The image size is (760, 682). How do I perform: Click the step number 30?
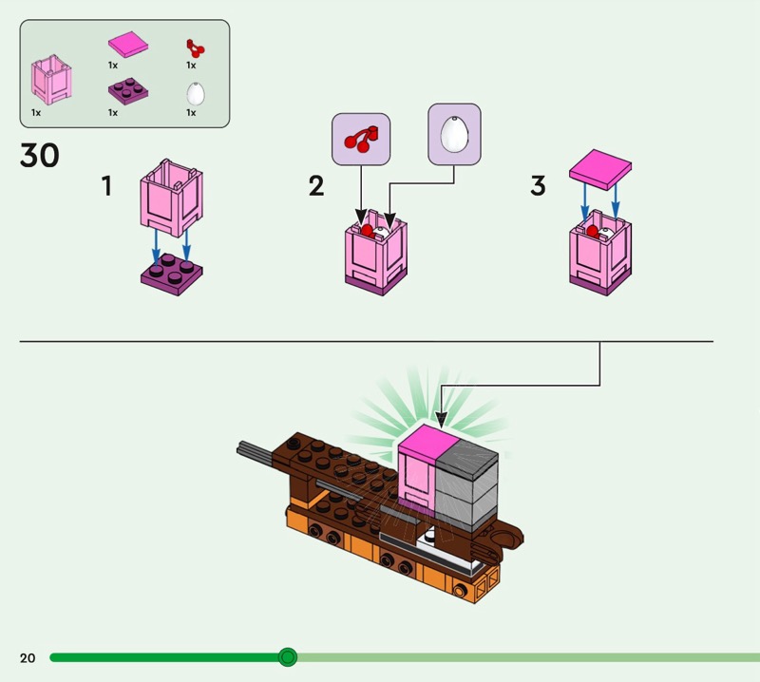tap(40, 156)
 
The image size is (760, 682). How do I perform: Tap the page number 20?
tap(27, 657)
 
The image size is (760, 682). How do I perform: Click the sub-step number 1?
tap(107, 185)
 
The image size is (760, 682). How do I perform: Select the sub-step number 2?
tap(316, 185)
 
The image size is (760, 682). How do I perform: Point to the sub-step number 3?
tap(538, 185)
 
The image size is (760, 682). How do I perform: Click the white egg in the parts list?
tap(196, 92)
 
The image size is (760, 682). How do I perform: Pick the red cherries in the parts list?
tap(195, 47)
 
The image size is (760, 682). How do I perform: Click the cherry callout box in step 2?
tap(360, 140)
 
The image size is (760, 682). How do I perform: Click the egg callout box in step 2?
tap(454, 134)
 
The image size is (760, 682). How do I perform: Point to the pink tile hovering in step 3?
tap(600, 168)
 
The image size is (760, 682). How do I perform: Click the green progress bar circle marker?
tap(287, 657)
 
